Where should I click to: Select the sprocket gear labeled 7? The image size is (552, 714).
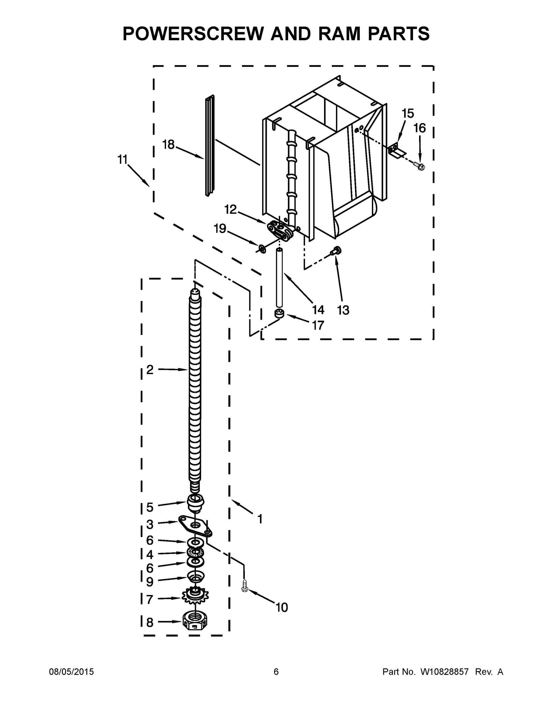[196, 597]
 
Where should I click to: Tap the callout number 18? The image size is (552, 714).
[168, 144]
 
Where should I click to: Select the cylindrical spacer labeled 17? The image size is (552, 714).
[279, 313]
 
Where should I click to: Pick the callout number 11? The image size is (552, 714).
[122, 159]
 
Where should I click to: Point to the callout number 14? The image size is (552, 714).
[318, 309]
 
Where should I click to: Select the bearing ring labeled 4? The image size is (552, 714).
[195, 552]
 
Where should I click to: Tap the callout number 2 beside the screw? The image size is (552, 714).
[150, 369]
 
